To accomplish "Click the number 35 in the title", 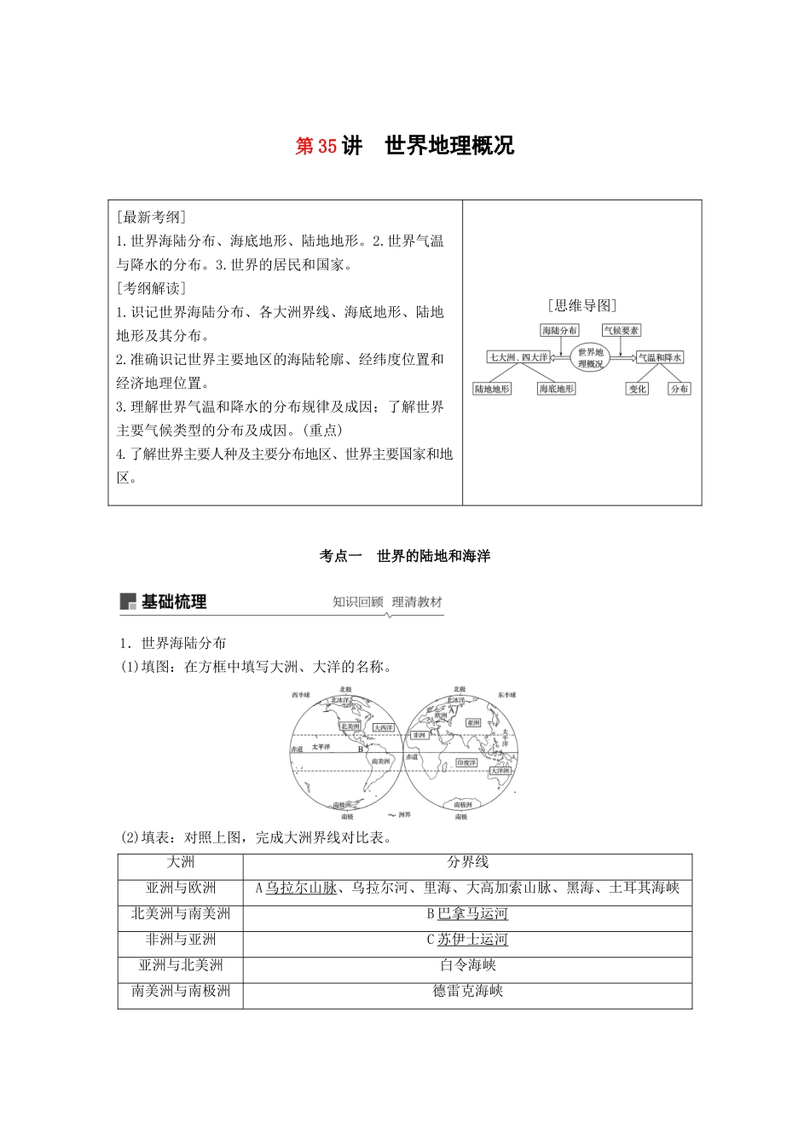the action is (327, 147).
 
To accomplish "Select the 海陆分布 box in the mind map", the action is (559, 330).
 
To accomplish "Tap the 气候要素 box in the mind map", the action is (621, 330).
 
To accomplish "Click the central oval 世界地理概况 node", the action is (590, 357).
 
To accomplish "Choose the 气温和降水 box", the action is (661, 358).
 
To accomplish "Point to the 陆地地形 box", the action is (492, 389).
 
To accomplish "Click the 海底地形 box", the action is (557, 389).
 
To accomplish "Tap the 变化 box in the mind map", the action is (637, 389).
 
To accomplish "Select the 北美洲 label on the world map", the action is (350, 726).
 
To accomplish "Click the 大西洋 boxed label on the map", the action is (383, 728).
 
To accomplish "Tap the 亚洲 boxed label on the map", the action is (473, 723).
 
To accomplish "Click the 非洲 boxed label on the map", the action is (419, 735).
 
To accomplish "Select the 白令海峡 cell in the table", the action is (467, 965).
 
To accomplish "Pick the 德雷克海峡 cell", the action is (467, 991).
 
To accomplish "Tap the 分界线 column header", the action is (467, 863).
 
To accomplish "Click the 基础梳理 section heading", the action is (174, 602).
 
